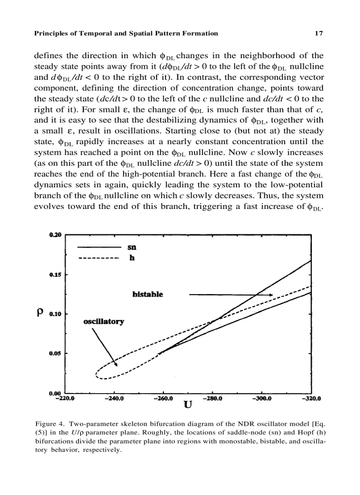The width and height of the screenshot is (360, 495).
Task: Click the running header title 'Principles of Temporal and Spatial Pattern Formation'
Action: coord(126,33)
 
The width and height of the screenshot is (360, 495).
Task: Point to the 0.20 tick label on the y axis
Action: coord(56,235)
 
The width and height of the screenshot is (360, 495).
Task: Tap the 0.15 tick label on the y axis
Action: coord(56,275)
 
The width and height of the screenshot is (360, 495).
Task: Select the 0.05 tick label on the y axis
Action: coord(56,354)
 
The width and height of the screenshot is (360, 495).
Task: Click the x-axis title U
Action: coord(187,405)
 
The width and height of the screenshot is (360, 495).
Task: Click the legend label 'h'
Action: coord(131,258)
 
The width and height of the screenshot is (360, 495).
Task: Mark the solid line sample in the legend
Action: coord(99,248)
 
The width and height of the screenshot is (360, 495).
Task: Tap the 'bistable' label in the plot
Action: coord(147,294)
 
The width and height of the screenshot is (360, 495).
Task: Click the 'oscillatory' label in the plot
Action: coord(104,321)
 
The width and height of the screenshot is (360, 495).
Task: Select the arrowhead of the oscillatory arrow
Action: coord(116,364)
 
